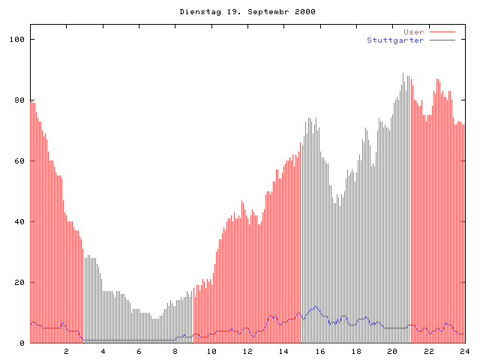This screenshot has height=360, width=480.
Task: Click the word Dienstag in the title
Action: [198, 12]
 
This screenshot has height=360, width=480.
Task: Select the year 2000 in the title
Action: [304, 12]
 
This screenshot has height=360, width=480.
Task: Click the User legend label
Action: [413, 31]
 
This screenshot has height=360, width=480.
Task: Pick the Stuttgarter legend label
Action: [395, 40]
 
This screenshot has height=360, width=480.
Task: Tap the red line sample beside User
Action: [442, 31]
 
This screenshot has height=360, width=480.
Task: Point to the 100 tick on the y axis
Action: [17, 39]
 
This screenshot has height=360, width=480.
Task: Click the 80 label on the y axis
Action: [19, 100]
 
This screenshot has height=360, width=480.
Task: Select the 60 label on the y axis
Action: [19, 160]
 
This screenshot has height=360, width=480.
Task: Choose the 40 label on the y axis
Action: [19, 221]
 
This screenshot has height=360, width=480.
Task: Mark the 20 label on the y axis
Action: [19, 282]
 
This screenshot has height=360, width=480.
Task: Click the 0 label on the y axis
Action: [22, 343]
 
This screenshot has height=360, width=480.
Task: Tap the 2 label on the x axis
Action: [66, 351]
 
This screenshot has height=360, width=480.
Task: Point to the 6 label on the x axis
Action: [139, 351]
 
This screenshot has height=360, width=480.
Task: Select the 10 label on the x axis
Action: [211, 351]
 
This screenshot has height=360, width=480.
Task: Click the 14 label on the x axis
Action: [283, 351]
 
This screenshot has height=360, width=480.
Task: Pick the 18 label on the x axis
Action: [356, 351]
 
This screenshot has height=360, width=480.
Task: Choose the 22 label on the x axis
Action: [429, 351]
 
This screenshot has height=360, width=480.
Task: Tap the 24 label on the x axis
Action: [465, 351]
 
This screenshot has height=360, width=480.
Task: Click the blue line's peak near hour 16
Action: [316, 307]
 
